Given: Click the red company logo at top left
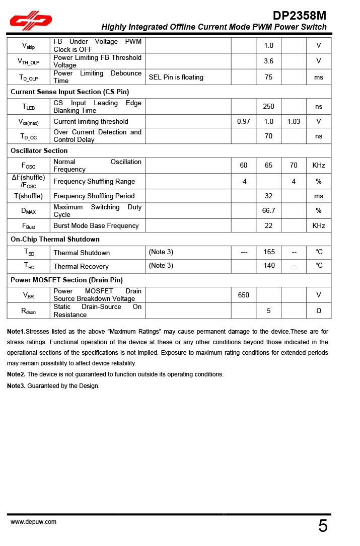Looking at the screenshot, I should (32, 21).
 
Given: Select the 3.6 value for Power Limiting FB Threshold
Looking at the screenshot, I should (269, 61).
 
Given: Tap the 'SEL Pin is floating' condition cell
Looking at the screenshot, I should (176, 77).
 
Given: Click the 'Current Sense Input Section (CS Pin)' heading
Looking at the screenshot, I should (69, 92).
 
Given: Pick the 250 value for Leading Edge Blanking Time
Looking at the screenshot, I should (269, 107).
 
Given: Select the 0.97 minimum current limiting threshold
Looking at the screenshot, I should (244, 121).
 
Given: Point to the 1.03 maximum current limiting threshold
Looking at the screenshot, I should (294, 121).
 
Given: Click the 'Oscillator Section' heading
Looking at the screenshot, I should (39, 150).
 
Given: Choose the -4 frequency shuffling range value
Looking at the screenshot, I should (244, 181).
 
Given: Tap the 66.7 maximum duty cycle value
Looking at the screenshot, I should (269, 210).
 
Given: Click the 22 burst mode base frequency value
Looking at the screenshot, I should (269, 225).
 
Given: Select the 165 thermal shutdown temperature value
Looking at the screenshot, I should (269, 252).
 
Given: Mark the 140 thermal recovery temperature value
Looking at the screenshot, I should (269, 266).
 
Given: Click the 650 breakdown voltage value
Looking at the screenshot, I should (244, 295).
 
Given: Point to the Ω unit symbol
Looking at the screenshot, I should (319, 310).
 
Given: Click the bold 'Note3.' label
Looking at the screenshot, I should (16, 386).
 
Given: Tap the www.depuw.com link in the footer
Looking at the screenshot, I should (33, 522).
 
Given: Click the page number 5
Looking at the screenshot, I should (323, 526).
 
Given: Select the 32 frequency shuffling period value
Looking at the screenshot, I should (269, 196).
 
